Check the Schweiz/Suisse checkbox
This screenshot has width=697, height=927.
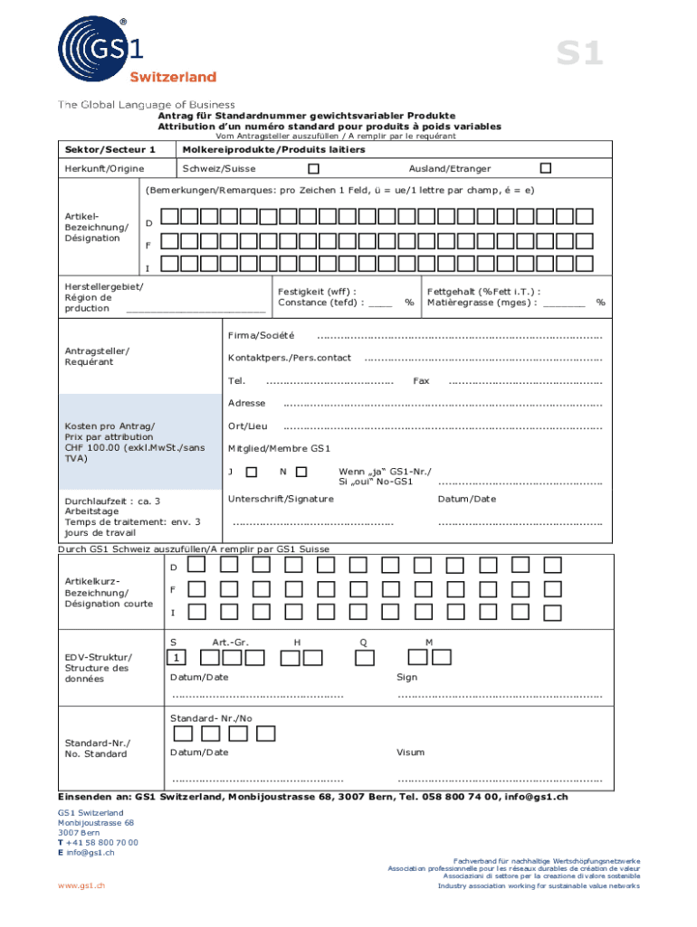313,168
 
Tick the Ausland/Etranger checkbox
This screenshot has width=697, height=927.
545,168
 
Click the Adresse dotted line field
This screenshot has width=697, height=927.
443,405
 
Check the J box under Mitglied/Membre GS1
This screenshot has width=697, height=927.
251,471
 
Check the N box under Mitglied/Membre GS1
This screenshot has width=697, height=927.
301,471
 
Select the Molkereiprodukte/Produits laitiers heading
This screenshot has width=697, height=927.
273,148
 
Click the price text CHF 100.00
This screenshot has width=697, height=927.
95,447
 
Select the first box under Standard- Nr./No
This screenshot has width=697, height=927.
182,733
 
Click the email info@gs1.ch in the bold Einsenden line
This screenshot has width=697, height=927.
536,797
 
